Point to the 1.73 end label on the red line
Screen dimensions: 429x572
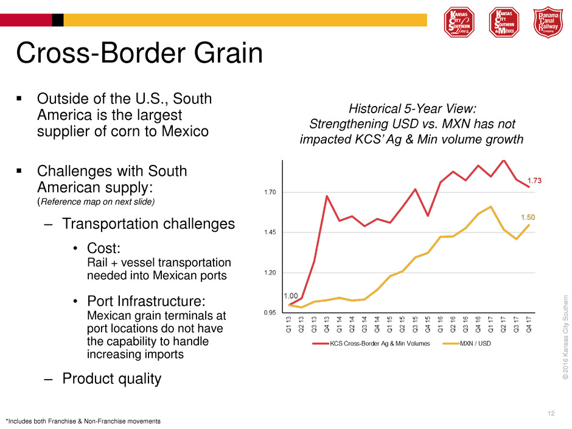pos(534,180)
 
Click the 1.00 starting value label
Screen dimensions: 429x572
pos(291,296)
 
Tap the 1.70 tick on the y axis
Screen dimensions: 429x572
pos(269,192)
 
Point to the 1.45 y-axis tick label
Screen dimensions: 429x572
pos(269,232)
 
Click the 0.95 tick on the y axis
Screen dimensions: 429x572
pos(269,313)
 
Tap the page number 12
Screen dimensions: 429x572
pos(551,414)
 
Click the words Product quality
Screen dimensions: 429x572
pos(111,378)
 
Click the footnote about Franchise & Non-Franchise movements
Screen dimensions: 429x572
pos(83,421)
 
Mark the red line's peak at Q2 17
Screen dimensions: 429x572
pos(503,161)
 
